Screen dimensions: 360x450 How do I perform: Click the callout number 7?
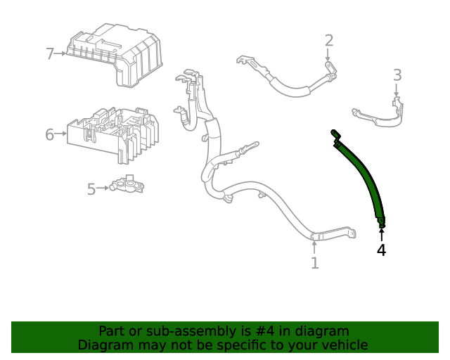(x=50, y=53)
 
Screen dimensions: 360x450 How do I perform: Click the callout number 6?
(x=50, y=134)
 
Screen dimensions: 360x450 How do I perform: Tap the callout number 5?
(x=91, y=188)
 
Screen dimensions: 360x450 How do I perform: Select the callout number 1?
(x=314, y=263)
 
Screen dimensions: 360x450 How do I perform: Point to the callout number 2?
(x=328, y=40)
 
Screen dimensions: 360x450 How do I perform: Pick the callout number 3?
(x=397, y=75)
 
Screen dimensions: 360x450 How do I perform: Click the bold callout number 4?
(x=381, y=250)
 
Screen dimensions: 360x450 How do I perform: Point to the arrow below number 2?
(x=328, y=56)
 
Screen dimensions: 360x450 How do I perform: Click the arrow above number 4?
(x=381, y=233)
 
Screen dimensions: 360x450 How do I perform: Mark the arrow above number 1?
(x=314, y=246)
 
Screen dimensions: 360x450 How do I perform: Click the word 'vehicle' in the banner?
(x=342, y=345)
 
